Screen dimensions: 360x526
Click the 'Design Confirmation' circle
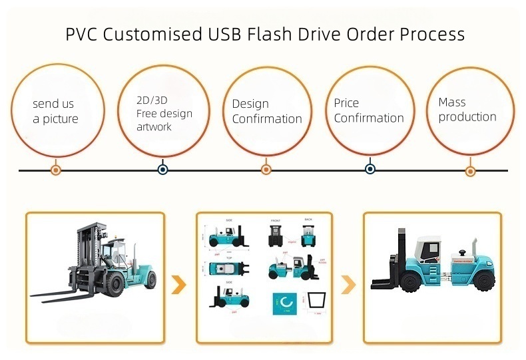tap(266, 112)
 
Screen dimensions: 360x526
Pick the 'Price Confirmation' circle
tap(370, 110)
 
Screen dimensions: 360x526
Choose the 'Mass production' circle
tap(470, 110)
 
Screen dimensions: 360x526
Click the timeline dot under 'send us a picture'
tap(56, 170)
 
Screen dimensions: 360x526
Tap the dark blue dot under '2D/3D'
tap(163, 170)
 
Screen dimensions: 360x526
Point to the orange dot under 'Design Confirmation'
tap(266, 170)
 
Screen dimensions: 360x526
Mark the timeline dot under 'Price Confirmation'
tap(370, 170)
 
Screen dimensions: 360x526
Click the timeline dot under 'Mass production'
tap(470, 170)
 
